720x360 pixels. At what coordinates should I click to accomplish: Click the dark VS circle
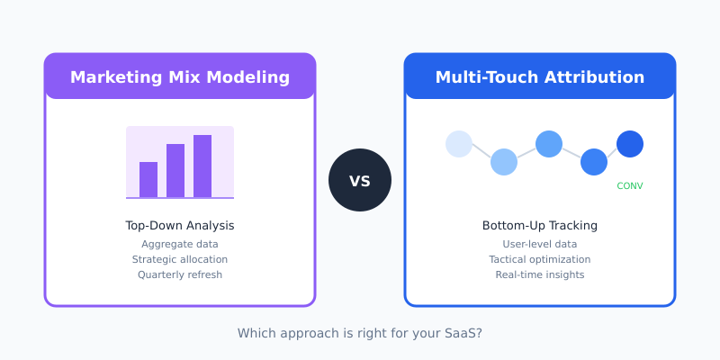pyautogui.click(x=360, y=180)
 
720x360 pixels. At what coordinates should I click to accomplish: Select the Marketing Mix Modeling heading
pyautogui.click(x=180, y=77)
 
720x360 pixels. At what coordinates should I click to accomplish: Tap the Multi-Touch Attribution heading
pyautogui.click(x=540, y=77)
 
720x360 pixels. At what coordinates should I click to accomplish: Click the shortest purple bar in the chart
pyautogui.click(x=148, y=179)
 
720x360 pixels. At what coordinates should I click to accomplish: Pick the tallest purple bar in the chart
pyautogui.click(x=202, y=166)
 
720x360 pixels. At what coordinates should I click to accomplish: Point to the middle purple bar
pyautogui.click(x=175, y=170)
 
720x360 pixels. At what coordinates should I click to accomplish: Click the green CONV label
pyautogui.click(x=630, y=186)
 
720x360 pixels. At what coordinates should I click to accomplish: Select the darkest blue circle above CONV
pyautogui.click(x=630, y=144)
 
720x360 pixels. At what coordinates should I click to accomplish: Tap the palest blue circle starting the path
pyautogui.click(x=459, y=144)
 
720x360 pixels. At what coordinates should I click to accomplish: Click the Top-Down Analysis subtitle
pyautogui.click(x=180, y=226)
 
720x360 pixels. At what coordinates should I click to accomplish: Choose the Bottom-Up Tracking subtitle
pyautogui.click(x=540, y=226)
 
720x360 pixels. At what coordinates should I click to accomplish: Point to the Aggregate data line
pyautogui.click(x=180, y=244)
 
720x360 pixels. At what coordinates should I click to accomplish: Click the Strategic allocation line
pyautogui.click(x=180, y=259)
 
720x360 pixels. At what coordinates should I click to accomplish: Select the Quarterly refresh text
pyautogui.click(x=180, y=274)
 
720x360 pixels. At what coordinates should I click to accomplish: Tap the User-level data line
pyautogui.click(x=540, y=244)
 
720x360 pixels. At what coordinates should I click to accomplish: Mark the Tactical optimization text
pyautogui.click(x=540, y=259)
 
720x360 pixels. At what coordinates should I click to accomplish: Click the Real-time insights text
pyautogui.click(x=540, y=274)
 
